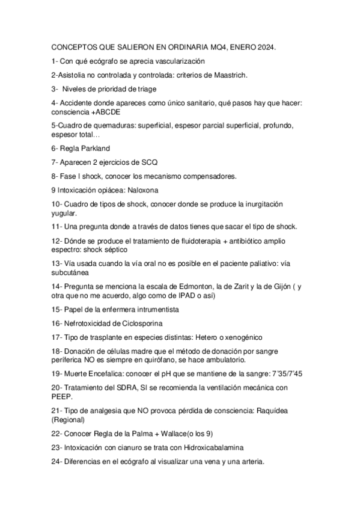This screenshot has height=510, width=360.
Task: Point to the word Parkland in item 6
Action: (93, 148)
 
